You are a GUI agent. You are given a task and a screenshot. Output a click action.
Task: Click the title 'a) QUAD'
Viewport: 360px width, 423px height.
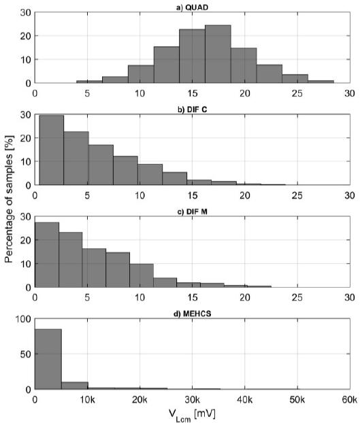click(x=192, y=6)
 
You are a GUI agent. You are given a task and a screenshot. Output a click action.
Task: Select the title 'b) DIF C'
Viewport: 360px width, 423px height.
click(x=192, y=108)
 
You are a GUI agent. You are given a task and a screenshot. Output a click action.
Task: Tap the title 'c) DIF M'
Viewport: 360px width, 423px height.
click(x=192, y=210)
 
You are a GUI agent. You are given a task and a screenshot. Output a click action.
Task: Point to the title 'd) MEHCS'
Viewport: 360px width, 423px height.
click(x=192, y=312)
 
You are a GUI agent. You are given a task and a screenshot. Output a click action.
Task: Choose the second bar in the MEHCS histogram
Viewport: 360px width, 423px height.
click(x=74, y=385)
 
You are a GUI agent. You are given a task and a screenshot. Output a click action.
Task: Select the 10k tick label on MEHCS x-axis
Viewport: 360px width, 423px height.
click(x=88, y=400)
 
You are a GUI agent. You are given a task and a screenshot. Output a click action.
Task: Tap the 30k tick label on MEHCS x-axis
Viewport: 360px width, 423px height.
click(x=193, y=400)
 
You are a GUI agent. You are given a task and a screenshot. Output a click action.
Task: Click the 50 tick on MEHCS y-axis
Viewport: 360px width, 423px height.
click(x=27, y=354)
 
